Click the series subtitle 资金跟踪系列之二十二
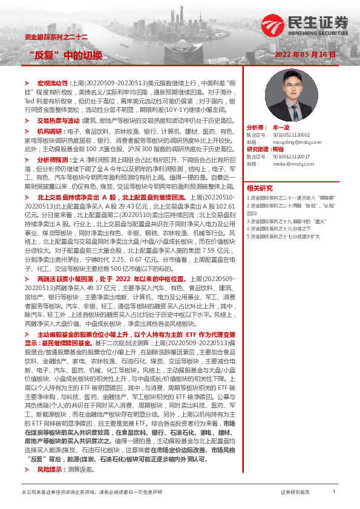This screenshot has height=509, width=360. click(56, 37)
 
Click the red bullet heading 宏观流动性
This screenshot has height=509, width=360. click(54, 81)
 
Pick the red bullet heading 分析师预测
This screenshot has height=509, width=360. click(52, 160)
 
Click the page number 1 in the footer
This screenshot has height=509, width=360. click(334, 492)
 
